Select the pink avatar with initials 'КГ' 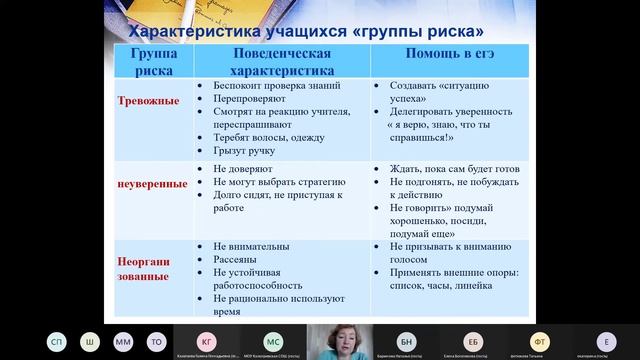point(206,339)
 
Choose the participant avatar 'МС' point(272,339)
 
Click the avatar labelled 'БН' point(406,339)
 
